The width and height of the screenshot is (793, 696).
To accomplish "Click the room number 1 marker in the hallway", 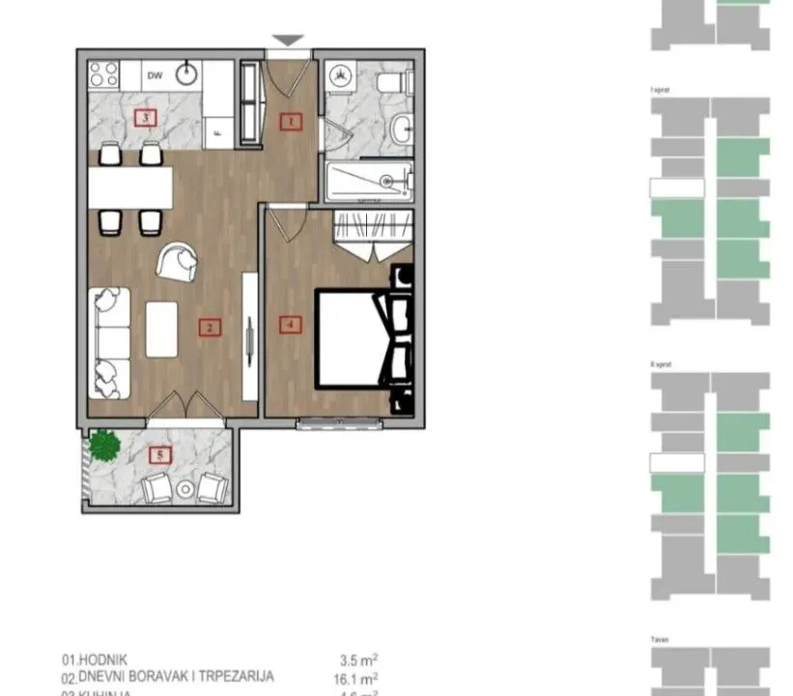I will [x=290, y=122].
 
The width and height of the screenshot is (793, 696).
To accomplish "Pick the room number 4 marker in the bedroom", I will [x=289, y=324].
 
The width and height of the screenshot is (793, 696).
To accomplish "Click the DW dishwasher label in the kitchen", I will [x=155, y=73].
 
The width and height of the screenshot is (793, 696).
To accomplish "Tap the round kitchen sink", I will [x=188, y=74].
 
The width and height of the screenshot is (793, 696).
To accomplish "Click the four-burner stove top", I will [x=104, y=74].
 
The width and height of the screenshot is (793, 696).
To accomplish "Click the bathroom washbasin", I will [x=401, y=127].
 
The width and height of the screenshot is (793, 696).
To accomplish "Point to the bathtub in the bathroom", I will [x=369, y=180].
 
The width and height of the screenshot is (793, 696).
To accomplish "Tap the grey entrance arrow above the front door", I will [x=288, y=41].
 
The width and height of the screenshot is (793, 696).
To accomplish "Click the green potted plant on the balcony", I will [x=104, y=444].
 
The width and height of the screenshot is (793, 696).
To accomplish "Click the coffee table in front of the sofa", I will [x=161, y=329].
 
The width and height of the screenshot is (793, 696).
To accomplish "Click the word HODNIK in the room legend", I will [x=109, y=659].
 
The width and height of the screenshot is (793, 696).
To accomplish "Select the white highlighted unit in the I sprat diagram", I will [x=677, y=188].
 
